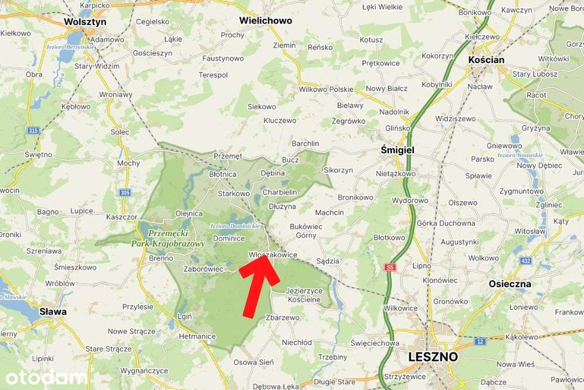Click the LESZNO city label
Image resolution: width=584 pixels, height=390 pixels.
(x=433, y=356)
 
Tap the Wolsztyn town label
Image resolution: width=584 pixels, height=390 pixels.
(x=85, y=22)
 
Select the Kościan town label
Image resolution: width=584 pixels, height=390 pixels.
(x=486, y=60)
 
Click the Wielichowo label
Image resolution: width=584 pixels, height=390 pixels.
(x=265, y=20)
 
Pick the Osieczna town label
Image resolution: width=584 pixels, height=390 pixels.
(x=510, y=284)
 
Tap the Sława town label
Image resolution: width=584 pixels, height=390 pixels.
(x=53, y=312)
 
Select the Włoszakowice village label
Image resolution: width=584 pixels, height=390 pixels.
(x=273, y=255)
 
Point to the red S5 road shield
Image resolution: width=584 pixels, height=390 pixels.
(x=390, y=267)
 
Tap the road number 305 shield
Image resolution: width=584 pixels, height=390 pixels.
(x=124, y=192)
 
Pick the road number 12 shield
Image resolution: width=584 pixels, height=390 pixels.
(x=480, y=341)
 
